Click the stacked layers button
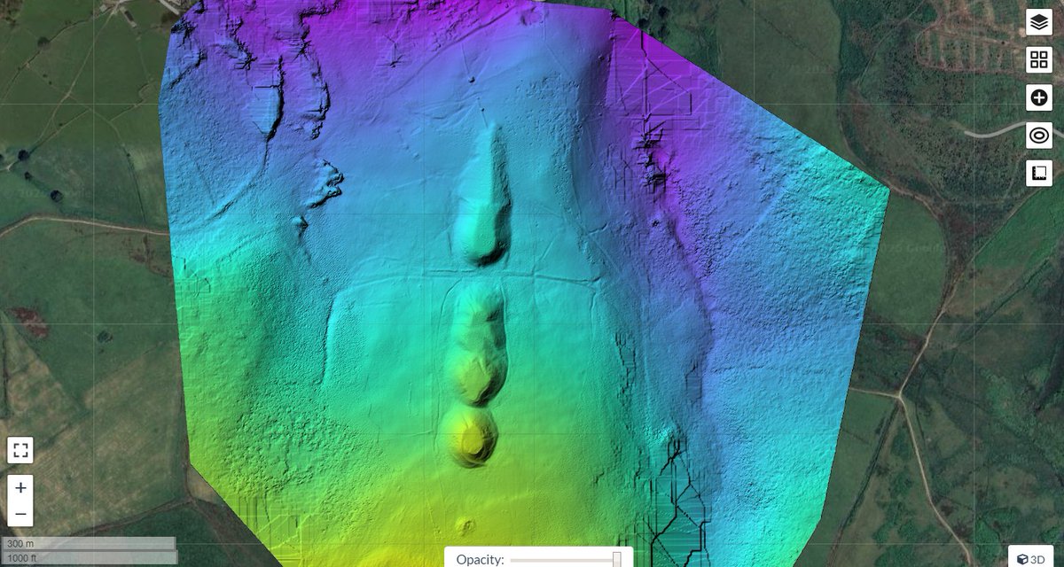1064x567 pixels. click(x=1039, y=22)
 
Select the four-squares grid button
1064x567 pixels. click(x=1039, y=60)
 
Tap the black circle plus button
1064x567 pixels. click(x=1039, y=97)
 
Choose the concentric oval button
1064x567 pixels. click(x=1039, y=136)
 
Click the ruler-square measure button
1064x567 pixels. click(x=1039, y=173)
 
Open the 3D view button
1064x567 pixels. click(x=1031, y=558)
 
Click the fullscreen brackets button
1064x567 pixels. click(x=21, y=450)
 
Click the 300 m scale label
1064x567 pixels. click(x=19, y=544)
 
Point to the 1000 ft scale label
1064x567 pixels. click(x=21, y=558)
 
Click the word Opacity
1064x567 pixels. click(x=480, y=559)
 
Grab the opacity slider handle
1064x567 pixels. click(x=617, y=559)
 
